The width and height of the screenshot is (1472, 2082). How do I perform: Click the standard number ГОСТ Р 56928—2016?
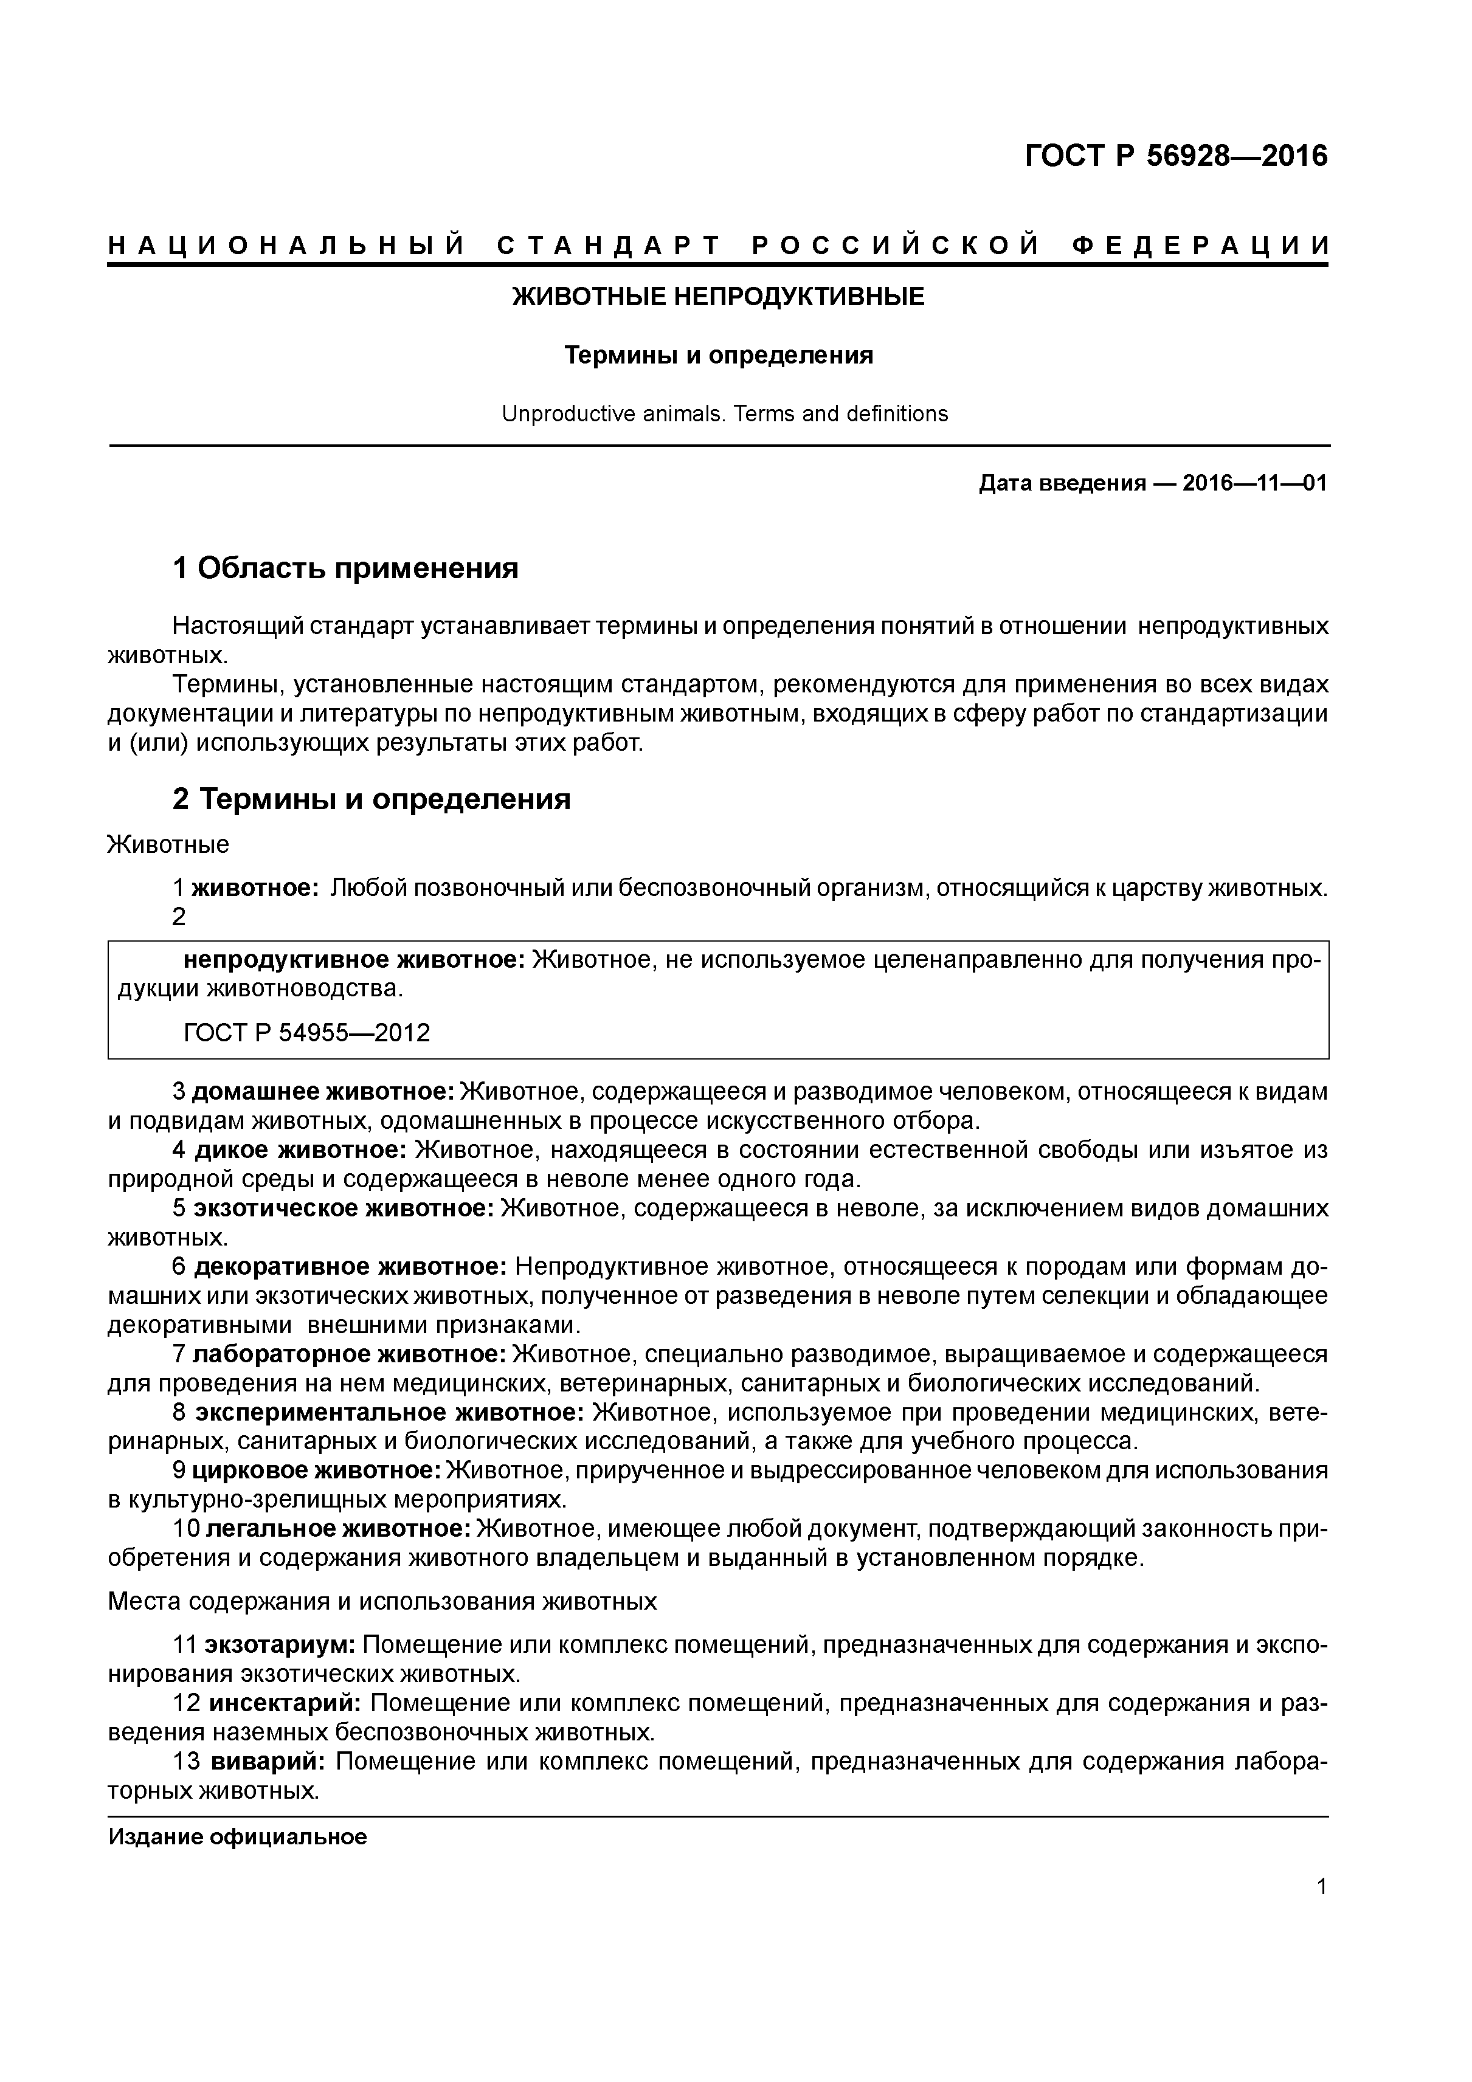(x=1175, y=156)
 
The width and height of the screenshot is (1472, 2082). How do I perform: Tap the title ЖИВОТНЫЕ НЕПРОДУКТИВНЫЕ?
(x=718, y=297)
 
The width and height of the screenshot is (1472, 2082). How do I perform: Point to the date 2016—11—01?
(x=1255, y=483)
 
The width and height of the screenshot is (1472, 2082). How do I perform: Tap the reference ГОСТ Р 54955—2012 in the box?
(x=306, y=1033)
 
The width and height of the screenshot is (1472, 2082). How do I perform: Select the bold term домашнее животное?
(x=323, y=1092)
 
